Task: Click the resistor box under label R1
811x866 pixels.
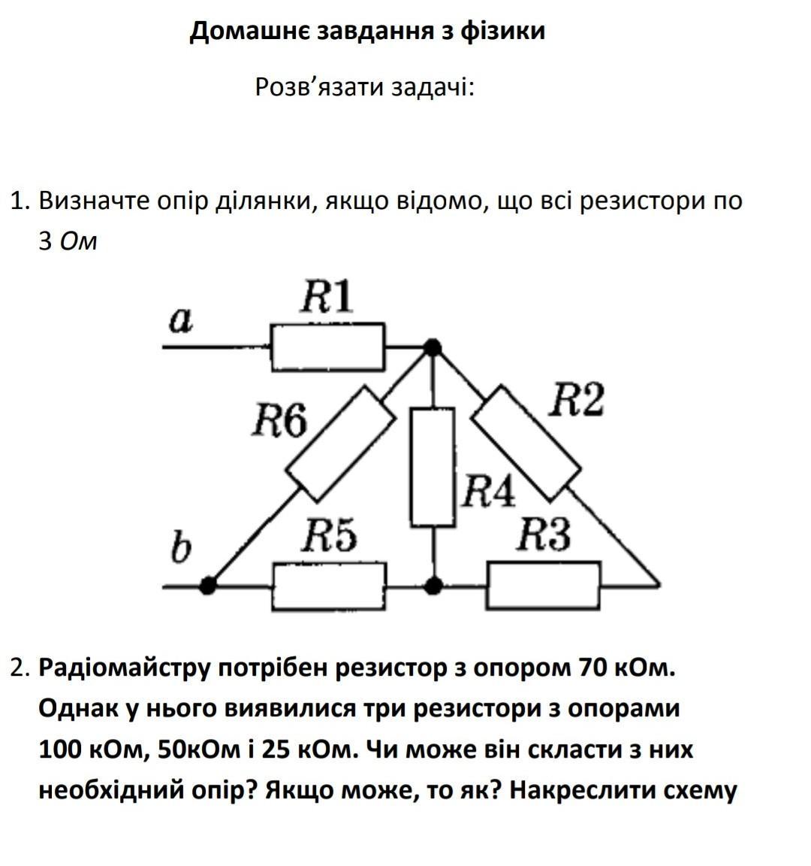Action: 328,347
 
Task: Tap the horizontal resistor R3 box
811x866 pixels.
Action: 544,586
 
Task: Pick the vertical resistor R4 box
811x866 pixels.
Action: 433,467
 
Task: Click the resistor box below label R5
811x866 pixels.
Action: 329,586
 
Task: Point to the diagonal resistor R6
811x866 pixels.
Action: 340,444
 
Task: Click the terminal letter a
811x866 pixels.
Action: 180,321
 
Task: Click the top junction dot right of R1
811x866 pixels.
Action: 432,347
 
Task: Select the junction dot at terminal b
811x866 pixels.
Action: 208,585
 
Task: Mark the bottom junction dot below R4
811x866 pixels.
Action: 433,585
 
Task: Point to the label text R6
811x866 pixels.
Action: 279,421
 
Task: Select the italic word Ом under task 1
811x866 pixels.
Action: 77,242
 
